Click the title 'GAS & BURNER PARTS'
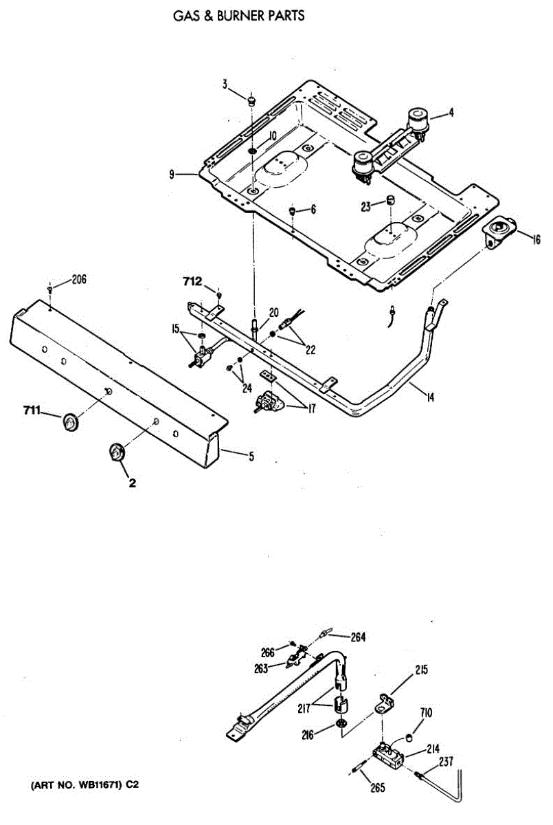coord(239,15)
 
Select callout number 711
coord(31,412)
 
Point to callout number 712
coord(192,281)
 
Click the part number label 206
coord(79,280)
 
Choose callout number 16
coord(536,239)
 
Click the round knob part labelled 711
coord(69,423)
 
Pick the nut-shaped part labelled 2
coord(116,453)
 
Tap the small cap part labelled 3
coord(251,100)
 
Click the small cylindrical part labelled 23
coord(389,200)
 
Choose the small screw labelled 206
coord(51,289)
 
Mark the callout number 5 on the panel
coord(251,455)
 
